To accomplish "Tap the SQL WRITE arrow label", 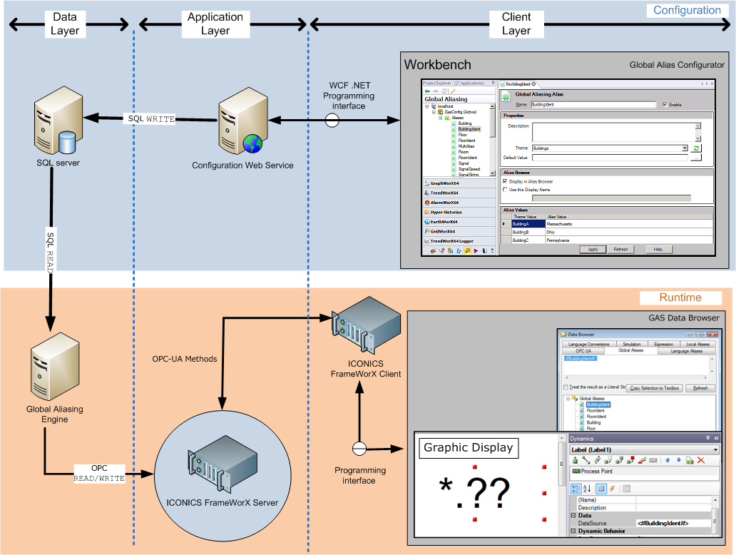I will [150, 118].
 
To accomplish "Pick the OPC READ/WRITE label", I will [99, 473].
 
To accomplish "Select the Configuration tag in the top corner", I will [687, 11].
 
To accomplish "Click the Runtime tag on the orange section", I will [680, 297].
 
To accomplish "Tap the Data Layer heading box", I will [65, 24].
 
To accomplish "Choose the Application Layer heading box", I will [215, 24].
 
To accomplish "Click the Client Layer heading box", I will [516, 24].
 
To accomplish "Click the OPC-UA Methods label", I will [184, 359].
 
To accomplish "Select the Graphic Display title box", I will [468, 448].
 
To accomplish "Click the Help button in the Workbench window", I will [658, 249].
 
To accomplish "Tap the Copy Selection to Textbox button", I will [654, 388].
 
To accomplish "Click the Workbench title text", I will [437, 64].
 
